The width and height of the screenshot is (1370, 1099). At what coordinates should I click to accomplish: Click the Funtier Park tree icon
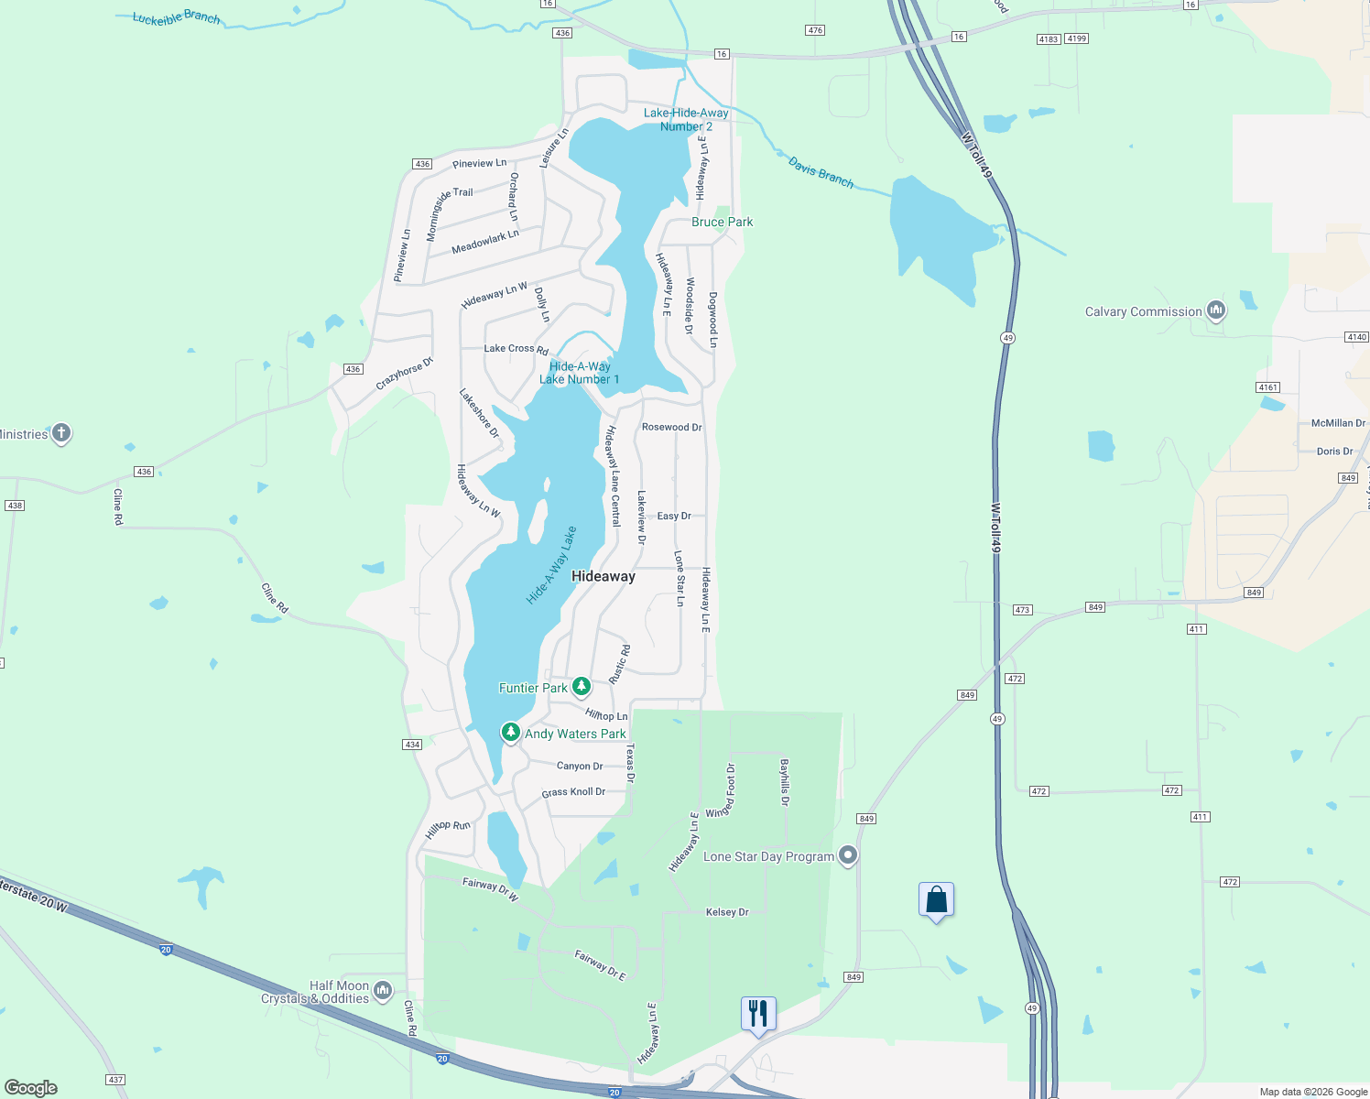[x=582, y=687]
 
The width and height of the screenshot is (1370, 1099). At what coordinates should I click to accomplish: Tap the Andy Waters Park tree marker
[x=511, y=733]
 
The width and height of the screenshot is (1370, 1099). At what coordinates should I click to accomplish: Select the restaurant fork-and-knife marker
[x=758, y=1014]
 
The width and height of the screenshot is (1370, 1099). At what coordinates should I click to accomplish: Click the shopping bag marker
[x=936, y=899]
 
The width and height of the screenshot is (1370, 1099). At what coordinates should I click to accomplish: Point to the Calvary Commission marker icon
[x=1216, y=311]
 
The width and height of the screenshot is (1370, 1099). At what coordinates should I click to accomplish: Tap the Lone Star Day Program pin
[x=848, y=856]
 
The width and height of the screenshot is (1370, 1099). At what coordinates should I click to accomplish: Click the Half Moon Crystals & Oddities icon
[x=383, y=990]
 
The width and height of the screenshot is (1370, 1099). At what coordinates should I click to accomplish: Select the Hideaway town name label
[x=603, y=576]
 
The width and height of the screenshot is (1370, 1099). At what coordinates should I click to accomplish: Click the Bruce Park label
[x=722, y=222]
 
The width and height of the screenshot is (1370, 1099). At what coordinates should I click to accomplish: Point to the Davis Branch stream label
[x=821, y=173]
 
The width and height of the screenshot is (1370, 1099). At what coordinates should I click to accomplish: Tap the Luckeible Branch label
[x=176, y=17]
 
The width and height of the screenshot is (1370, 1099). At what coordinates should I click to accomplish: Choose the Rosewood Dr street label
[x=671, y=427]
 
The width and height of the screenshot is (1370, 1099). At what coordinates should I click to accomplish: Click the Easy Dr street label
[x=674, y=516]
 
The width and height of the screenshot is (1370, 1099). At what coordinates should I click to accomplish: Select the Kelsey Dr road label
[x=727, y=912]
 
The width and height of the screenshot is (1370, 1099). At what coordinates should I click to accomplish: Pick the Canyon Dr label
[x=580, y=766]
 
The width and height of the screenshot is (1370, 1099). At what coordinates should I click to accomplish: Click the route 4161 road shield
[x=1267, y=387]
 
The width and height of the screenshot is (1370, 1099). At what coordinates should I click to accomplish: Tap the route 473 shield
[x=1023, y=610]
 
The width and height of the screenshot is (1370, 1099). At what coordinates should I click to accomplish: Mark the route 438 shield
[x=15, y=506]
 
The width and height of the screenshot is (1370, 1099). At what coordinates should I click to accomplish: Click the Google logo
[x=31, y=1087]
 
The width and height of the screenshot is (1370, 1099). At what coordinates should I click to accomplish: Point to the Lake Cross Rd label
[x=516, y=349]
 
